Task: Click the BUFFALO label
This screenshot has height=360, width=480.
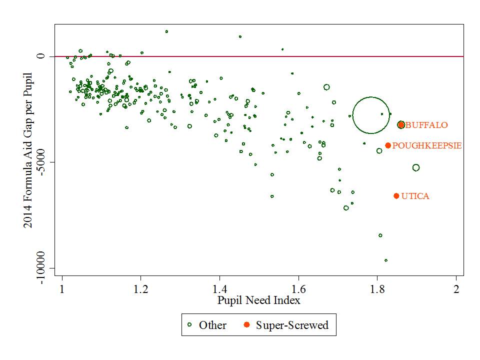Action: click(x=426, y=125)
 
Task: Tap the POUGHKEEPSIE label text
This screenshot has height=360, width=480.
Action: click(x=426, y=146)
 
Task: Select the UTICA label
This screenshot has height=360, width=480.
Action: click(x=415, y=196)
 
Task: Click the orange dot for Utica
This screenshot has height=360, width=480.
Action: click(x=396, y=196)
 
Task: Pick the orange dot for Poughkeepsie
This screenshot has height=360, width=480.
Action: click(x=388, y=145)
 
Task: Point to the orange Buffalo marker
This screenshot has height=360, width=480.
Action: click(x=401, y=125)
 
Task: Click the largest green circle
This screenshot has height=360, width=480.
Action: click(x=371, y=115)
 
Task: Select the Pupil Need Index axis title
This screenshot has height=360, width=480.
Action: click(x=259, y=300)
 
